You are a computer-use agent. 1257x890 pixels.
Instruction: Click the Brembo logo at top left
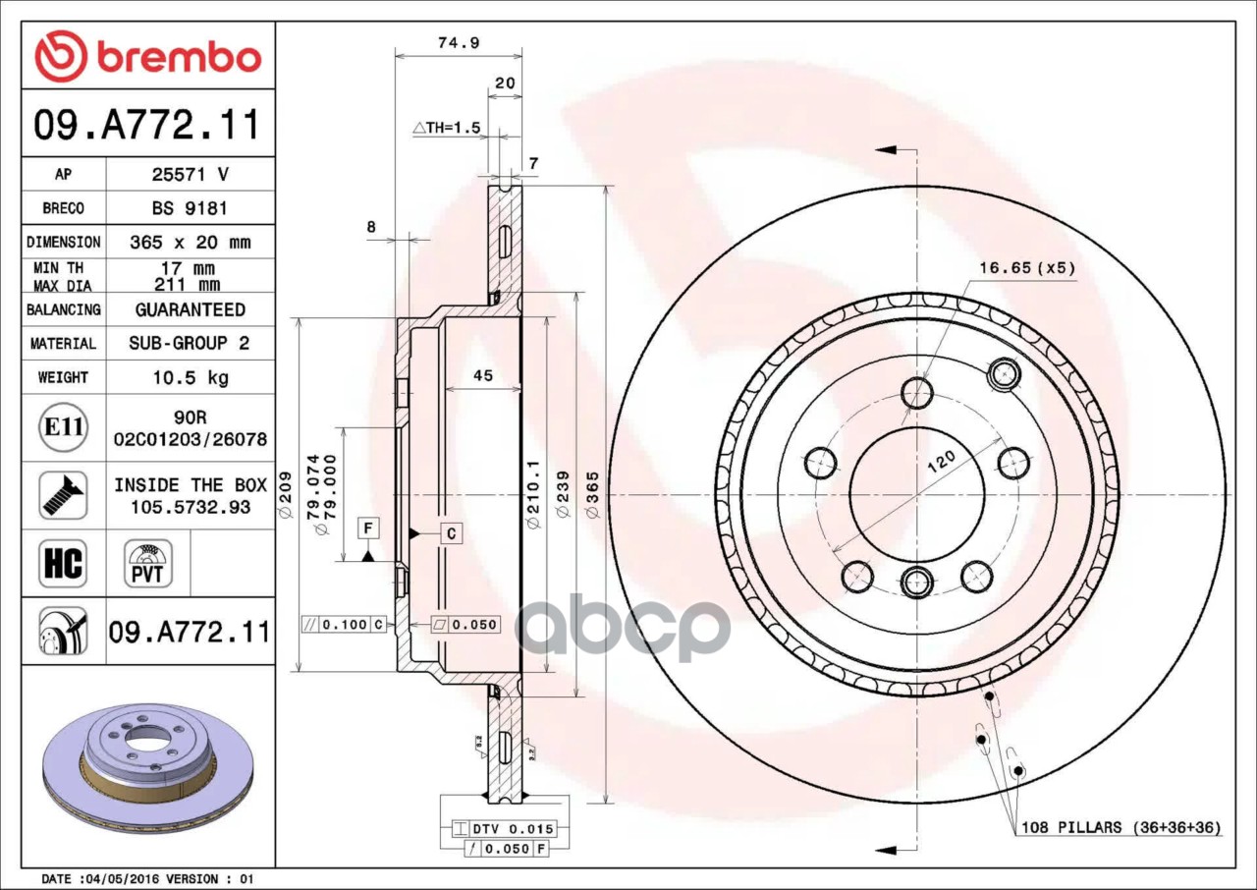coord(148,56)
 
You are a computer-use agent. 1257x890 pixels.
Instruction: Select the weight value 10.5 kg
coord(190,377)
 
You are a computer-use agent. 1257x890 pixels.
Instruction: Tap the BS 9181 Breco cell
coord(190,208)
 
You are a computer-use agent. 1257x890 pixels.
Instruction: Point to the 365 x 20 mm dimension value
coord(190,242)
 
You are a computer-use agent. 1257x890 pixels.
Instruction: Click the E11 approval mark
coord(64,426)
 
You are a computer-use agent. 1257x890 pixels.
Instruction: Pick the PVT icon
coord(147,564)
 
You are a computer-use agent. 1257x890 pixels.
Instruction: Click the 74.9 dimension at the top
coord(451,42)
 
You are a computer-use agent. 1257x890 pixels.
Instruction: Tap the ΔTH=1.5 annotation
coord(447,128)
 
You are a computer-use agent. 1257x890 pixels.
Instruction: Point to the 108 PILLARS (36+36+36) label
coord(1120,827)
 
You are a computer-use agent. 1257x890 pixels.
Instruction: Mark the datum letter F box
coord(368,528)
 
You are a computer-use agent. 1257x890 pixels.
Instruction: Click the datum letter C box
coord(451,533)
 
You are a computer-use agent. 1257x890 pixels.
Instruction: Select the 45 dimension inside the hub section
coord(482,375)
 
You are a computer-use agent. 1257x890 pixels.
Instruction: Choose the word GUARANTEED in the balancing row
coord(190,309)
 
